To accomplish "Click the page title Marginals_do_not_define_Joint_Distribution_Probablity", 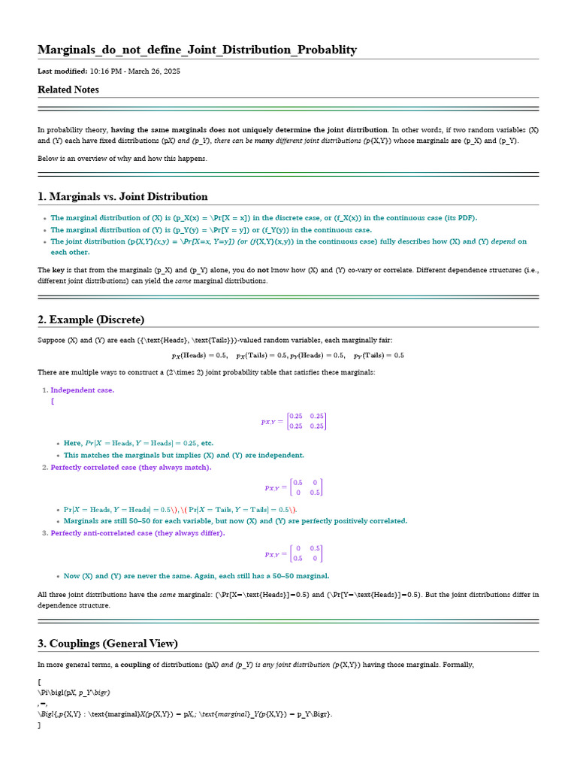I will tap(197, 50).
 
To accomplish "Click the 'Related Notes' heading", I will tap(68, 89).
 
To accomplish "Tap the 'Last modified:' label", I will tap(62, 71).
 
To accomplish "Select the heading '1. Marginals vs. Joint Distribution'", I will tap(122, 196).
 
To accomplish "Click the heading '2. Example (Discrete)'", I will tap(91, 320).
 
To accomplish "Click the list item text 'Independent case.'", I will tap(83, 390).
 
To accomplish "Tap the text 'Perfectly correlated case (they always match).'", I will tap(131, 467).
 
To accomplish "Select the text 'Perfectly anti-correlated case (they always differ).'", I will tap(137, 532).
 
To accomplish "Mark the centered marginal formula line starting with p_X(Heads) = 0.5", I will tap(288, 355).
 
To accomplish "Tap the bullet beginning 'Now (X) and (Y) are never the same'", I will tap(196, 576).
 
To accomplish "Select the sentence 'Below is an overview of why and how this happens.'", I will tap(122, 158).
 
